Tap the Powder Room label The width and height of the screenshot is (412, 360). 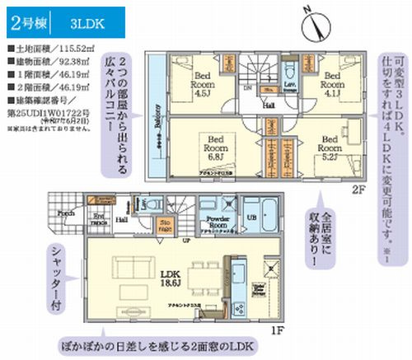click(x=217, y=221)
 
